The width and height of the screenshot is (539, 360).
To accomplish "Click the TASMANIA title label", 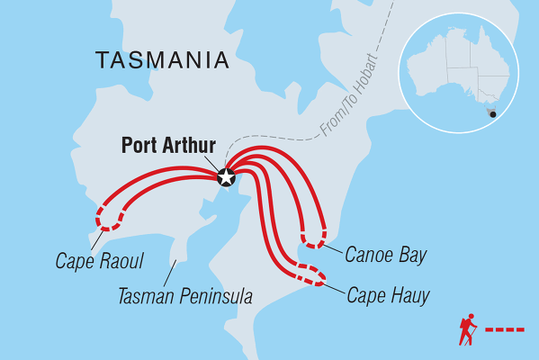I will click(162, 61).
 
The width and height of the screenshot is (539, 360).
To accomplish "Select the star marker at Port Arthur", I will click(225, 177).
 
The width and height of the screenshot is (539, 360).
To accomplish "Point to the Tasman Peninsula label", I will click(185, 295).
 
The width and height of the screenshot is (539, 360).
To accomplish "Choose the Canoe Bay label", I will click(385, 256).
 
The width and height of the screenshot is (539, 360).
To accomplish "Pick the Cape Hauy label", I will click(388, 294).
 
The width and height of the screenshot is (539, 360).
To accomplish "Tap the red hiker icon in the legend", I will click(467, 329).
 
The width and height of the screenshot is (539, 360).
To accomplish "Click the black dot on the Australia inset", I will click(491, 113).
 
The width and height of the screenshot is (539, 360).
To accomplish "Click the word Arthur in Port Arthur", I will click(192, 145).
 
